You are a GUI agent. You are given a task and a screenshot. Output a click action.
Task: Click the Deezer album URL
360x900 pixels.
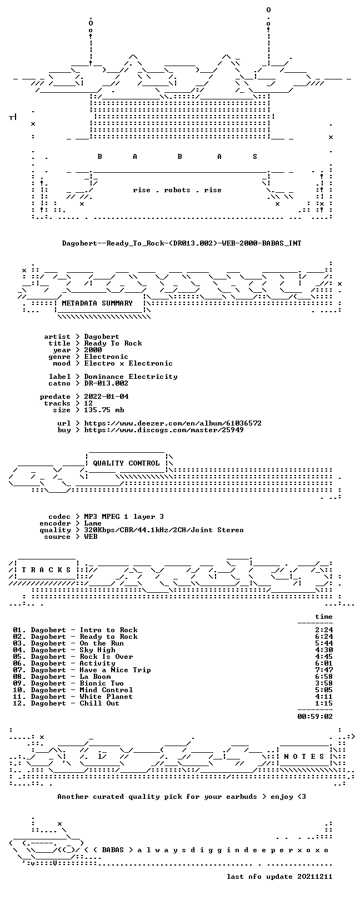pos(173,423)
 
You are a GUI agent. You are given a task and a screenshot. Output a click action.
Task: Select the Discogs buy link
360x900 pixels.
pos(164,430)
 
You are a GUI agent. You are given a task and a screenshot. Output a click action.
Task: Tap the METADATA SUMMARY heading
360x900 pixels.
pos(97,303)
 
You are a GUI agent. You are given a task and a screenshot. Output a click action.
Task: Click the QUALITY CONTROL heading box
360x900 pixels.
pos(127,463)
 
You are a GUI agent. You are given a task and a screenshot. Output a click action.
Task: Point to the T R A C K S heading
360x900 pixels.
pos(46,570)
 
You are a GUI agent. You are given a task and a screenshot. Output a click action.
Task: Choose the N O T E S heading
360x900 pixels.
pos(304,757)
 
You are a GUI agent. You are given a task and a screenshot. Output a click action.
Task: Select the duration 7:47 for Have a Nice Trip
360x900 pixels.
pos(324,670)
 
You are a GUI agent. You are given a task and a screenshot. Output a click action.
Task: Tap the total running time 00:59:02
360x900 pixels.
pos(315,716)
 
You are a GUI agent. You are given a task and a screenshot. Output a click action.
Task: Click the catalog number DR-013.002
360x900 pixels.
pos(106,383)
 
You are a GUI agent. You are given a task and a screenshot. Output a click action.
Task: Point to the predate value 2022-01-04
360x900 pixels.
pos(106,397)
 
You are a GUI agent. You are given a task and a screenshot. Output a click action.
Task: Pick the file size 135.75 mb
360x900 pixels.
pos(104,410)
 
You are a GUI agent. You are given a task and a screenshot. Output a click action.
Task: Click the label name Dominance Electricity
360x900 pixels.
pos(131,377)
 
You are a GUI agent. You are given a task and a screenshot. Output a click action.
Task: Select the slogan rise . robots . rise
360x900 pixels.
pos(177,190)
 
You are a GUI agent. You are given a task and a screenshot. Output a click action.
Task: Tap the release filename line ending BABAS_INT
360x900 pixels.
pos(182,243)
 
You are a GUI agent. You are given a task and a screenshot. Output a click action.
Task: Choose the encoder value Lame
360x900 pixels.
pos(93,523)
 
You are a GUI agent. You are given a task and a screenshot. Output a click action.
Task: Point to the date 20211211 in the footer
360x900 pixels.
pos(315,876)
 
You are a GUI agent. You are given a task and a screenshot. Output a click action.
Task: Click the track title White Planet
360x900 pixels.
pos(106,697)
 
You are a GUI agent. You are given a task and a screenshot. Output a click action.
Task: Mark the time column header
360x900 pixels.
pos(324,617)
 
